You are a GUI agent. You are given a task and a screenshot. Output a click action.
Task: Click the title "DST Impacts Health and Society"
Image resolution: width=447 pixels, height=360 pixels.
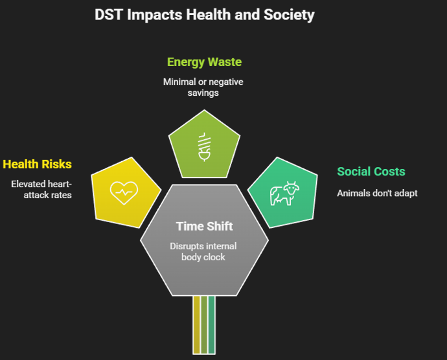pos(204,14)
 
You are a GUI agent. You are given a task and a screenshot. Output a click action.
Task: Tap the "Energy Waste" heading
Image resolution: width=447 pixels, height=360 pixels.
pos(204,62)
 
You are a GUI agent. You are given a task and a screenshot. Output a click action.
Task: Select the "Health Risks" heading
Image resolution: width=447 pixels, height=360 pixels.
pos(37,164)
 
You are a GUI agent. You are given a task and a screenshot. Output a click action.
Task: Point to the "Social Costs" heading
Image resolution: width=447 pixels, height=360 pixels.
pos(371,172)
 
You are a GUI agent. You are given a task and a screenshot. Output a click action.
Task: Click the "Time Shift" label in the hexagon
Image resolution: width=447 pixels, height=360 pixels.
pos(203,226)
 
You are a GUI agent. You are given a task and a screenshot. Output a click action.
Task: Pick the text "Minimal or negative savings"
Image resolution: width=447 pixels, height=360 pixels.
pos(203,87)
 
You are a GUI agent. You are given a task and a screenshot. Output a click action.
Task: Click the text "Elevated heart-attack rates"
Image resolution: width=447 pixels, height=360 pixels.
pos(41,189)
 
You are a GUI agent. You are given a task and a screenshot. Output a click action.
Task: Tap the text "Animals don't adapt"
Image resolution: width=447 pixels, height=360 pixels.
pos(377,193)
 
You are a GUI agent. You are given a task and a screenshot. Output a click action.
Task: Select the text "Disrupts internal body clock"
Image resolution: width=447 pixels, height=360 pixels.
pos(203,251)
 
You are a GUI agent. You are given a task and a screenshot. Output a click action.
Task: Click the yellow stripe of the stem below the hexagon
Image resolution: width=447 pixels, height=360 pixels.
pos(196,324)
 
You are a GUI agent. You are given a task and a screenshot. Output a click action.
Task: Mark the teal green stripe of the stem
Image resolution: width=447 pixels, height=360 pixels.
pos(211,324)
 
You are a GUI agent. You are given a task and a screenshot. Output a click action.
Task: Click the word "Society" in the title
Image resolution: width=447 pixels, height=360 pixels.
pos(286,14)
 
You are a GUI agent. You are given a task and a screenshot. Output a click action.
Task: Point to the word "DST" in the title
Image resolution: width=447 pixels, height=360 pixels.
pos(108,14)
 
